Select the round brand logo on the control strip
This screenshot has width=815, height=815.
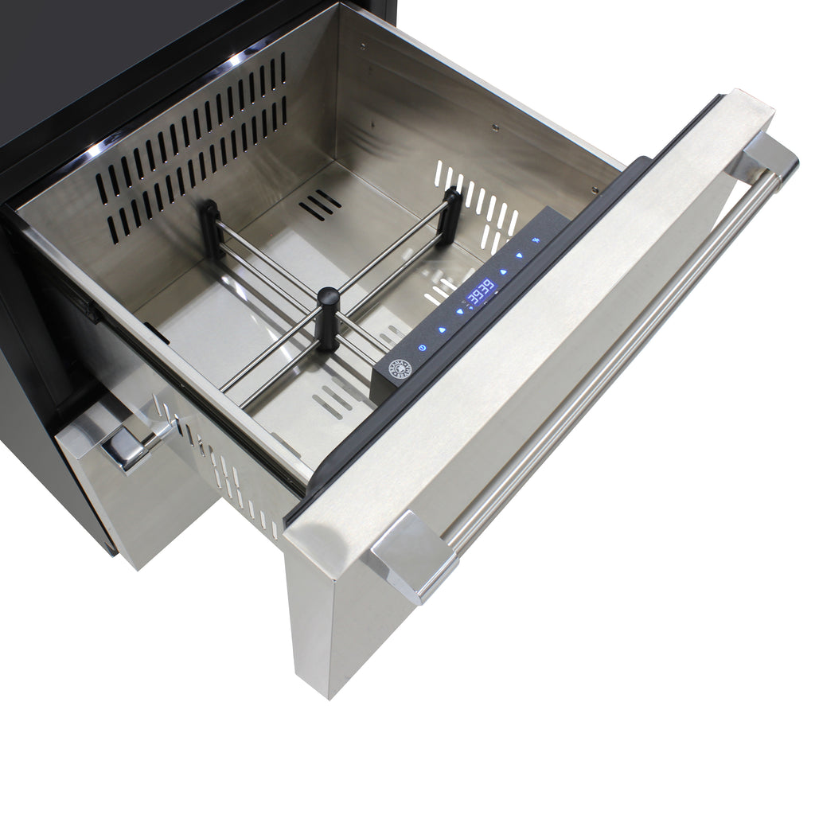[x=400, y=369]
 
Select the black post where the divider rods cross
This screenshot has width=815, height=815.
[x=327, y=318]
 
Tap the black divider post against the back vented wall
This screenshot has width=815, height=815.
[x=211, y=229]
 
